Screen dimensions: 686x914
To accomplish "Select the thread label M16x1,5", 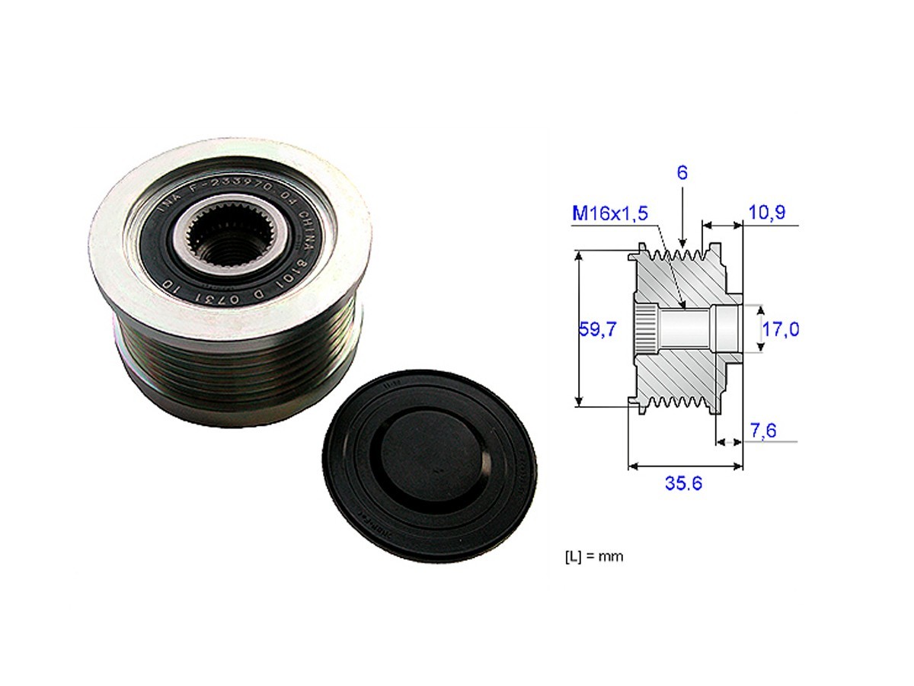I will pyautogui.click(x=610, y=214).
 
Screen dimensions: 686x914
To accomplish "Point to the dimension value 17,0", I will pyautogui.click(x=780, y=329).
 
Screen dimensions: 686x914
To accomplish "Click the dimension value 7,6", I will pyautogui.click(x=763, y=431).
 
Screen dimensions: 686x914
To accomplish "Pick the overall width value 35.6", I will pyautogui.click(x=682, y=484).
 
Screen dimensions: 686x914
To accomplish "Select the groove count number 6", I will pyautogui.click(x=682, y=173).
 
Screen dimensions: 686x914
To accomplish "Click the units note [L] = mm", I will pyautogui.click(x=593, y=556).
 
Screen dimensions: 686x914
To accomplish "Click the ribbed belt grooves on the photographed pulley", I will pyautogui.click(x=228, y=366).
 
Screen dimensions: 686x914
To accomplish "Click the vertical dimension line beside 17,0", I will pyautogui.click(x=759, y=329).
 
